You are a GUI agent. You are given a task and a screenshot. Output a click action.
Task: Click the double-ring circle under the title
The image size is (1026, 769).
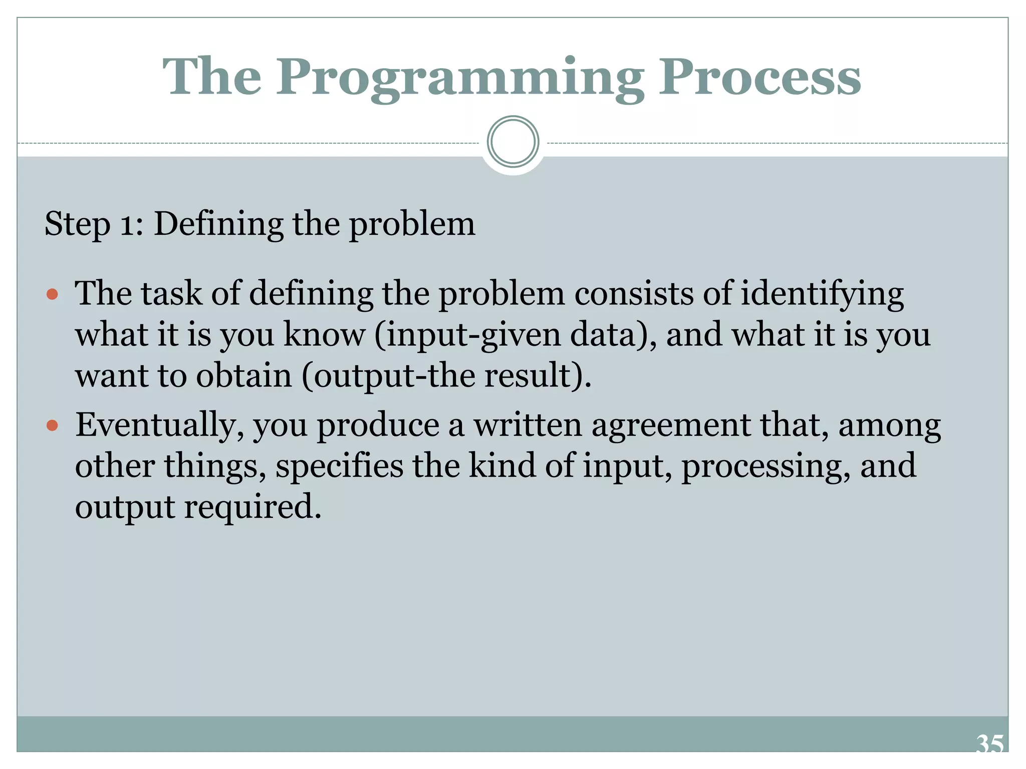point(512,142)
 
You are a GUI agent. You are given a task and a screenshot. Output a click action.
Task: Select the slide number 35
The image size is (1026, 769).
point(989,744)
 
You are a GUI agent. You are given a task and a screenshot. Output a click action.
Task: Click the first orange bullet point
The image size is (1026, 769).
point(52,294)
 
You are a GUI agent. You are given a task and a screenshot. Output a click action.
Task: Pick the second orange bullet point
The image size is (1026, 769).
point(52,426)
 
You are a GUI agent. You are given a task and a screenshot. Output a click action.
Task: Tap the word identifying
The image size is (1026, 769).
point(822,294)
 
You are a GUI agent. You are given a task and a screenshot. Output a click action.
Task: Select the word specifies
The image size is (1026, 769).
point(339,466)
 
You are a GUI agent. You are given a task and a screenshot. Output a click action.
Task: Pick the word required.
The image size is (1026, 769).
point(252,507)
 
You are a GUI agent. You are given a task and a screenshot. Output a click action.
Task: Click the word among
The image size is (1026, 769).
point(889,426)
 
